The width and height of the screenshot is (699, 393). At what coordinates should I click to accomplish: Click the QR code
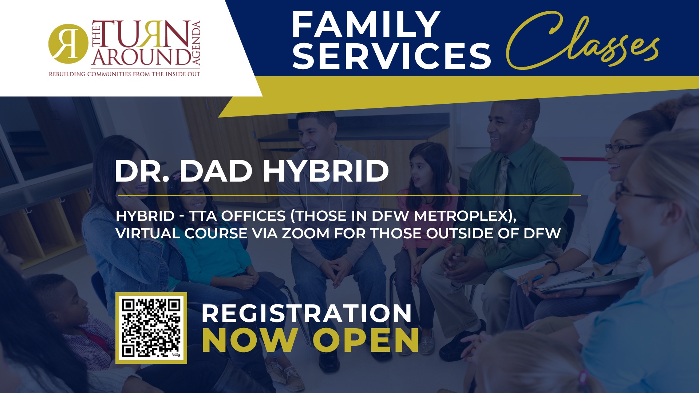tap(151, 328)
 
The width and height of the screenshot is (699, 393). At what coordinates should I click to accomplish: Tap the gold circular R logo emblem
tap(68, 44)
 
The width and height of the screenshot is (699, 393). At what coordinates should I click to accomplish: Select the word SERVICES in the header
tap(392, 56)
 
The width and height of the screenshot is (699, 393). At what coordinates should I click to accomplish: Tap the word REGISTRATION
tap(307, 313)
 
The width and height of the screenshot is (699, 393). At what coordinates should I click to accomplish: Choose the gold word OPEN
tap(366, 340)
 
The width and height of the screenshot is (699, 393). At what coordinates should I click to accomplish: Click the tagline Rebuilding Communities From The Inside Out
tap(125, 74)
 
